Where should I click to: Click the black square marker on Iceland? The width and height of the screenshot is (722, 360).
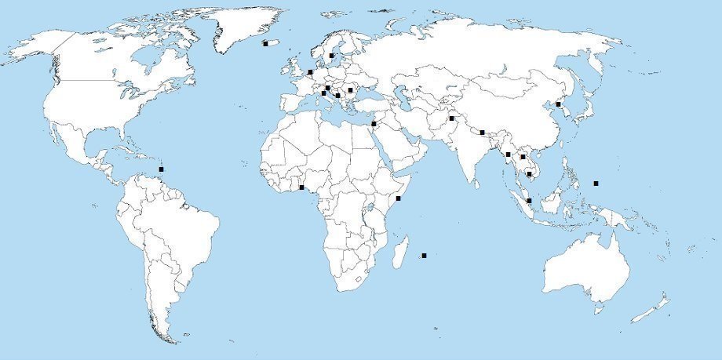pyautogui.click(x=265, y=44)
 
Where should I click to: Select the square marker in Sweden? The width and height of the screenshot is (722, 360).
pyautogui.click(x=331, y=56)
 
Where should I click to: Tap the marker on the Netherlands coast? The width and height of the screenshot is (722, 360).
pyautogui.click(x=311, y=72)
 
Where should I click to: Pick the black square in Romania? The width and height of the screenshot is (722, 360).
pyautogui.click(x=350, y=90)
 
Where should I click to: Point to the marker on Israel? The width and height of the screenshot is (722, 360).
pyautogui.click(x=374, y=124)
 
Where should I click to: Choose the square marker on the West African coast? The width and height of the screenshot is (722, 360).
pyautogui.click(x=302, y=187)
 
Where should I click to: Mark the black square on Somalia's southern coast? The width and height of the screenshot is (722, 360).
pyautogui.click(x=399, y=198)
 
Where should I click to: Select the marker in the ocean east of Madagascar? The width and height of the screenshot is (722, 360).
pyautogui.click(x=425, y=256)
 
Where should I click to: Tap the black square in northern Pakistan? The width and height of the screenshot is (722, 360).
pyautogui.click(x=452, y=118)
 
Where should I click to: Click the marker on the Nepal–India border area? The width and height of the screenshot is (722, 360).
pyautogui.click(x=482, y=133)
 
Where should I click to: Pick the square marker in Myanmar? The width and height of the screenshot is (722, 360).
pyautogui.click(x=509, y=155)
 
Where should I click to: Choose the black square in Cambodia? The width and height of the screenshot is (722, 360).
pyautogui.click(x=530, y=174)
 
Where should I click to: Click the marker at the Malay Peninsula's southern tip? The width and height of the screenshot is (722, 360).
pyautogui.click(x=530, y=201)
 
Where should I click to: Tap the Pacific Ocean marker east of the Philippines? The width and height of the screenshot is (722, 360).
pyautogui.click(x=596, y=184)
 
